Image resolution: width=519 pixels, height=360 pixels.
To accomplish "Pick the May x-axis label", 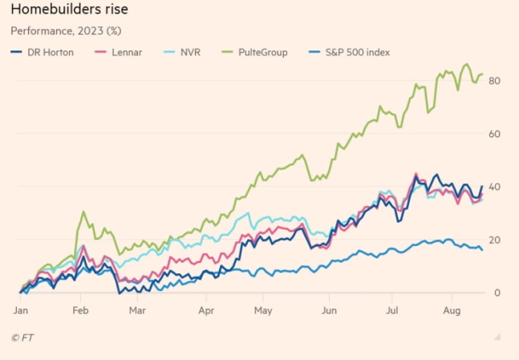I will pos(264,308).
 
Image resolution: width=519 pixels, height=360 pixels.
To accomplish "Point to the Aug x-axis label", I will pos(453,308).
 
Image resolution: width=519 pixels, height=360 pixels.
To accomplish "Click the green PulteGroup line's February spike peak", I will pos(83,212).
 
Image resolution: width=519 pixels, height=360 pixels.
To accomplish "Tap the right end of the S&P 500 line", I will pos(481,249).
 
